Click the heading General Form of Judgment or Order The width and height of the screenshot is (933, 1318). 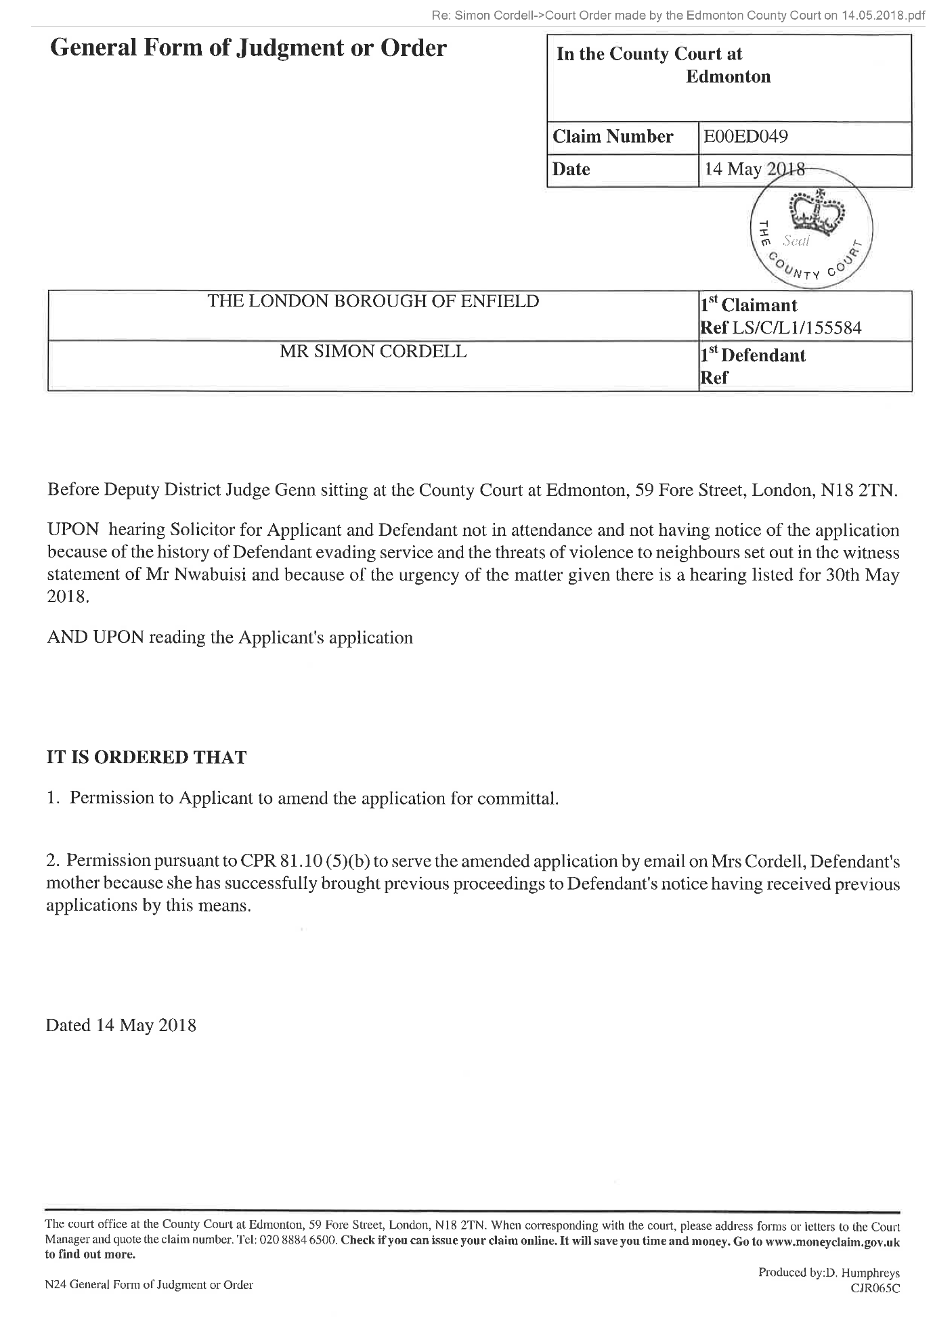248,49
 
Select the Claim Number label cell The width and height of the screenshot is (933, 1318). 613,137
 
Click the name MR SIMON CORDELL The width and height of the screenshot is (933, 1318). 373,351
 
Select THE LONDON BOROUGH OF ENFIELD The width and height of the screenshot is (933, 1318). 373,301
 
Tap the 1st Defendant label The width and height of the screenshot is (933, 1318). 752,355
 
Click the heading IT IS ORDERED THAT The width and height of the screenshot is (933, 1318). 146,757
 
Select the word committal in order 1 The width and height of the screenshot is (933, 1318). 526,798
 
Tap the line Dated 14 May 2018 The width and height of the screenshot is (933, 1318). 121,1025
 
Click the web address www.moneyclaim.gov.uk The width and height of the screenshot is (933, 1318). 834,1242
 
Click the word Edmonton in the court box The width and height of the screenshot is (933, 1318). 728,76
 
